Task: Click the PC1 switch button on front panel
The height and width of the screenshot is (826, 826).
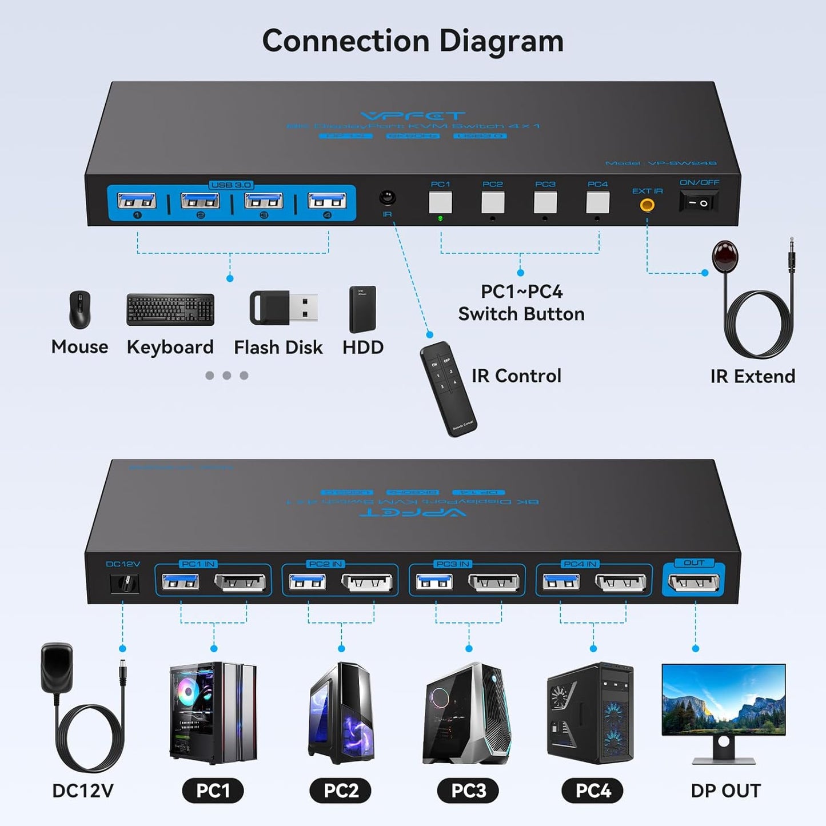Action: (x=440, y=202)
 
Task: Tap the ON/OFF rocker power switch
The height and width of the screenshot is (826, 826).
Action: (x=698, y=202)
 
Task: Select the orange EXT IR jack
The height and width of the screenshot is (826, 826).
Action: (x=647, y=205)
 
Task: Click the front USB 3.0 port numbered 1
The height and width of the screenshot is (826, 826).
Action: (x=137, y=201)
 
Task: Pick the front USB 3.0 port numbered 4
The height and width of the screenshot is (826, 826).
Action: (x=327, y=201)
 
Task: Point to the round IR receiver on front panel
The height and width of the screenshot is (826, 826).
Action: (x=388, y=198)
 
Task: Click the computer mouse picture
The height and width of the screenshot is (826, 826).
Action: (x=79, y=309)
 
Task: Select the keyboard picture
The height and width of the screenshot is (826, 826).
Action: (x=170, y=310)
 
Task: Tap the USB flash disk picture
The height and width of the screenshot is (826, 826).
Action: (x=284, y=308)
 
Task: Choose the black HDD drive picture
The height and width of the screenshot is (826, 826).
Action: (x=362, y=309)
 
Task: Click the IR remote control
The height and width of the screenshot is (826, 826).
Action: (x=448, y=389)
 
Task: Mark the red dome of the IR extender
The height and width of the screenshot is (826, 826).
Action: (x=725, y=256)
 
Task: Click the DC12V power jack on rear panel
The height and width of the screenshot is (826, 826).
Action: (x=124, y=583)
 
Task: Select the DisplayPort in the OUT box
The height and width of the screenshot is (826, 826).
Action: (x=693, y=582)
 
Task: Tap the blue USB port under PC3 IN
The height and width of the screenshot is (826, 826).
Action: (x=434, y=582)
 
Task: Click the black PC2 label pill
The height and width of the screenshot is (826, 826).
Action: (x=341, y=791)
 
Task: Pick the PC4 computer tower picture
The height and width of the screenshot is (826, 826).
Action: (x=590, y=713)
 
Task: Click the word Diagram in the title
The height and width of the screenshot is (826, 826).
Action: (x=501, y=41)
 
